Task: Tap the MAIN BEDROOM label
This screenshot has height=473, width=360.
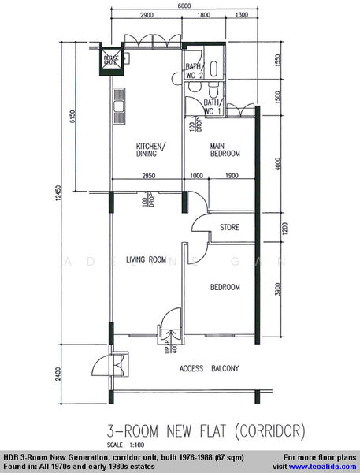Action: tap(225, 151)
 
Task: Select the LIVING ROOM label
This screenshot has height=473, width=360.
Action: tap(146, 258)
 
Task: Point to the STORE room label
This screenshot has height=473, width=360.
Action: tap(229, 229)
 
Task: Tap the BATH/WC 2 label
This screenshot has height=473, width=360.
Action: tap(195, 71)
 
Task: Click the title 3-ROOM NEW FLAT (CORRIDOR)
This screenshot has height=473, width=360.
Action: tap(206, 431)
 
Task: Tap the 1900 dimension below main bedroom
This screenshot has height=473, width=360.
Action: tap(231, 176)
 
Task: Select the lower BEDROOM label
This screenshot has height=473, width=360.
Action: tap(225, 287)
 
